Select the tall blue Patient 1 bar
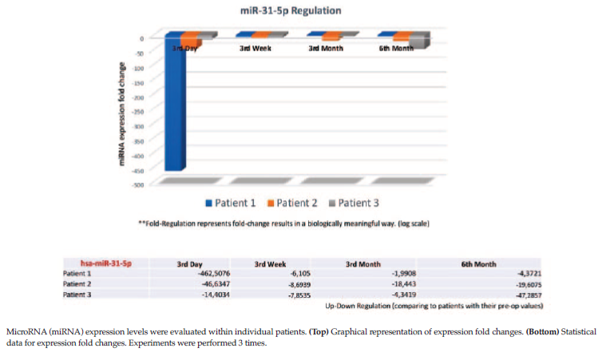(176, 104)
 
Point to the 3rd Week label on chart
(256, 49)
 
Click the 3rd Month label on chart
(326, 49)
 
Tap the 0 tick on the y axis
(141, 38)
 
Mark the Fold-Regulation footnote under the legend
(283, 224)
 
